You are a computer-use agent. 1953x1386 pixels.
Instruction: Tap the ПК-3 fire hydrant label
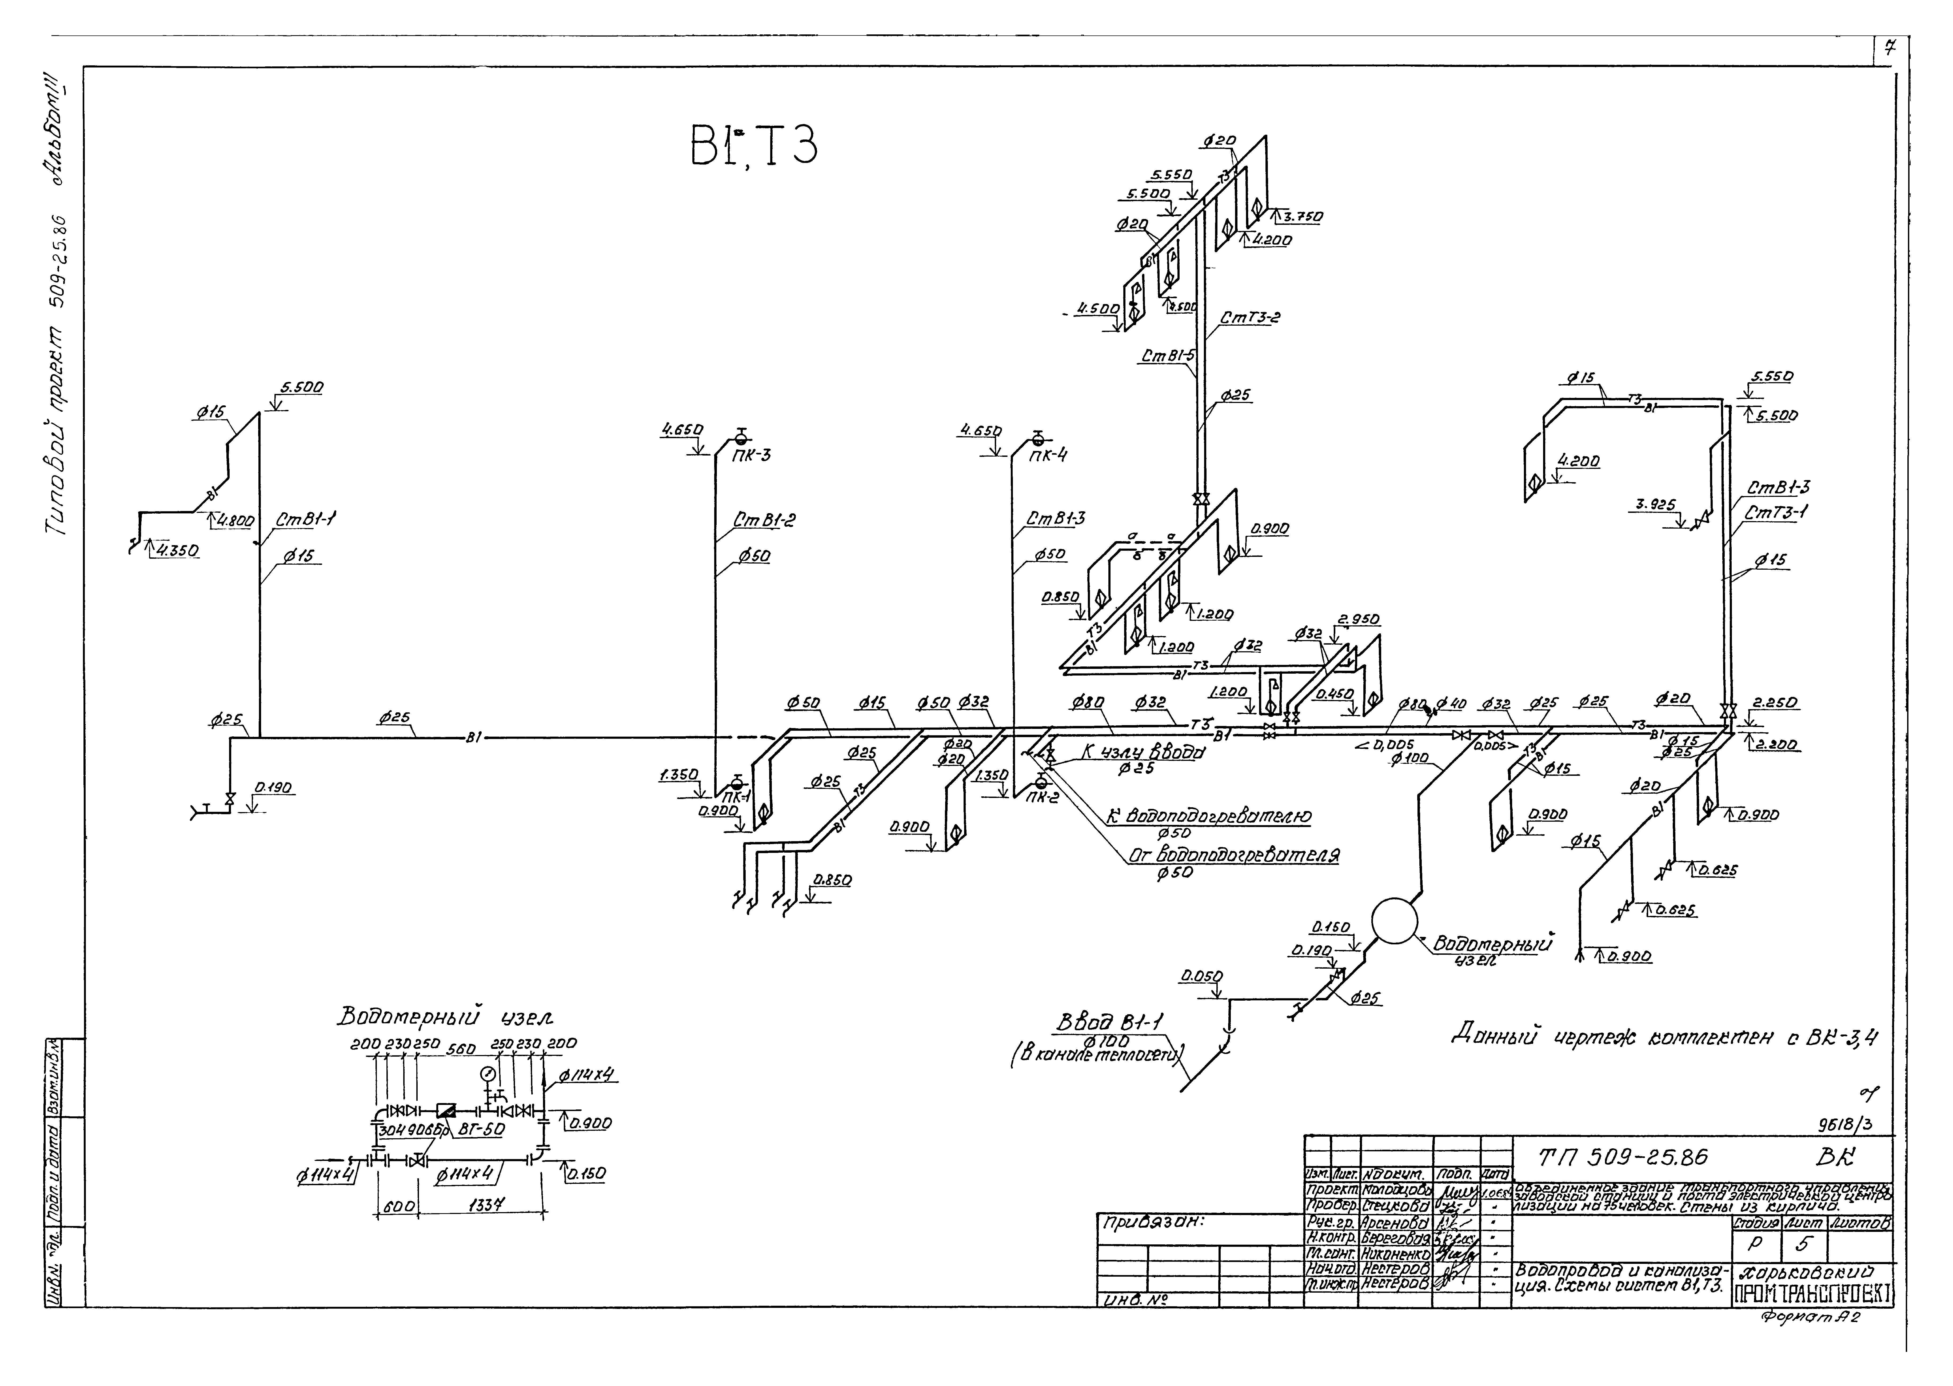751,455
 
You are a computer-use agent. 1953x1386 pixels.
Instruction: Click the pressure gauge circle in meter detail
487,1073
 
